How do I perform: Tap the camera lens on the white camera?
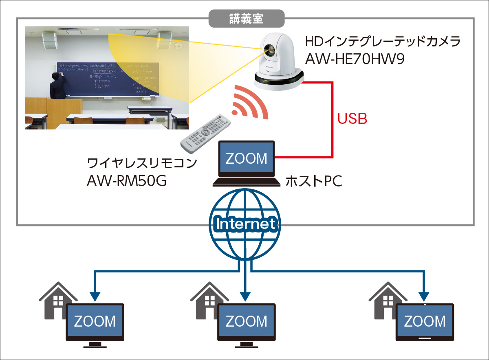click(269, 50)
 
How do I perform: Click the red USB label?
click(352, 119)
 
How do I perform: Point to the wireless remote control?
click(205, 132)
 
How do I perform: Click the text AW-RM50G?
click(127, 180)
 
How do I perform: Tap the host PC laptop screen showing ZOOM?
click(246, 158)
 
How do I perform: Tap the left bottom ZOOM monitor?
click(95, 322)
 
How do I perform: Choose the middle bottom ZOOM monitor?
click(246, 322)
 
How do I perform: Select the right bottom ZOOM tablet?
click(425, 322)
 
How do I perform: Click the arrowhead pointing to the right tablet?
click(425, 295)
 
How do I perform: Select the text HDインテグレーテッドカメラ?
click(383, 42)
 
